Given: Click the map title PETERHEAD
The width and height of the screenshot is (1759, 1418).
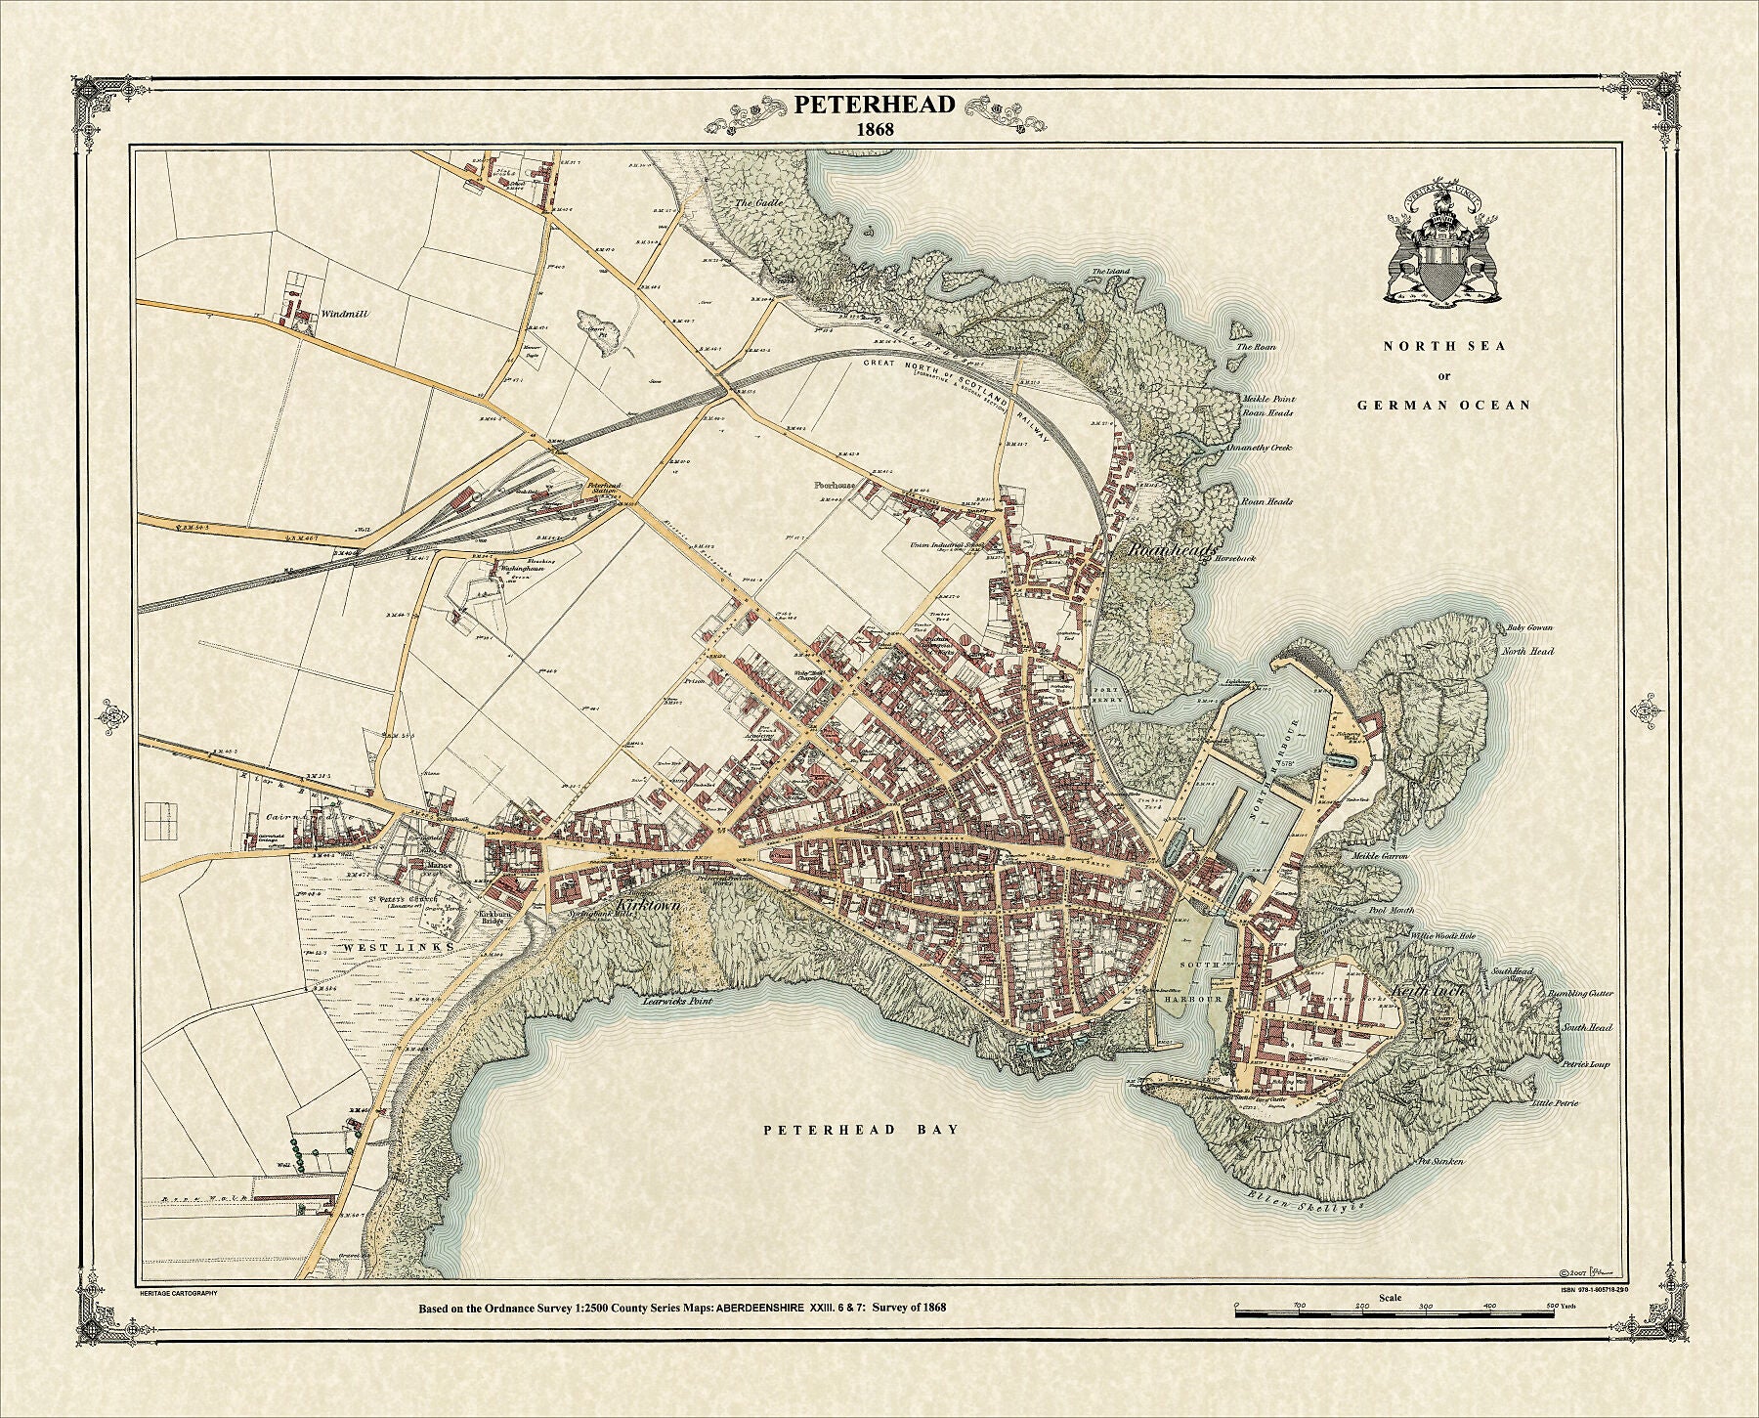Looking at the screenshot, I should (x=874, y=105).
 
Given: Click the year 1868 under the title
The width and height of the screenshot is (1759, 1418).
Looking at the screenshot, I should (x=874, y=129).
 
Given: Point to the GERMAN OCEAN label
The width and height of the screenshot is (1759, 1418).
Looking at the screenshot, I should (x=1443, y=405).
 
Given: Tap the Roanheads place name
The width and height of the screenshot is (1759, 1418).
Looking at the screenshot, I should (x=1171, y=550).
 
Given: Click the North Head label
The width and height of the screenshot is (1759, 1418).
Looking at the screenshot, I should (x=1527, y=651).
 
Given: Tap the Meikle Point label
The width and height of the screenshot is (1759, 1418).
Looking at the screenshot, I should (x=1267, y=399).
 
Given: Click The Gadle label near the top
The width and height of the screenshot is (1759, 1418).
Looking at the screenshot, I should (x=753, y=203).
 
